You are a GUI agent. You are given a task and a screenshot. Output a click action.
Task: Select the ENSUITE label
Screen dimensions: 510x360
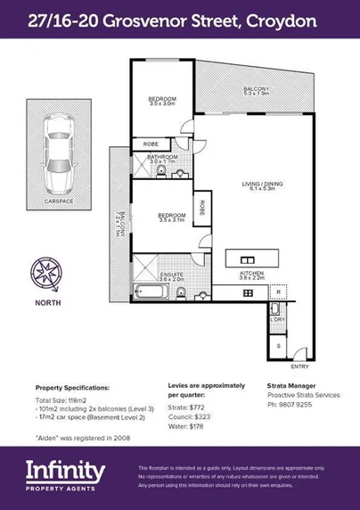pos(170,276)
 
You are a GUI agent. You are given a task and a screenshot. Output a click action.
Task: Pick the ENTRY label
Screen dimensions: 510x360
pos(301,366)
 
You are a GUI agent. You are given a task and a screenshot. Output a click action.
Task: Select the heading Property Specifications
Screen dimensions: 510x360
pos(72,389)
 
